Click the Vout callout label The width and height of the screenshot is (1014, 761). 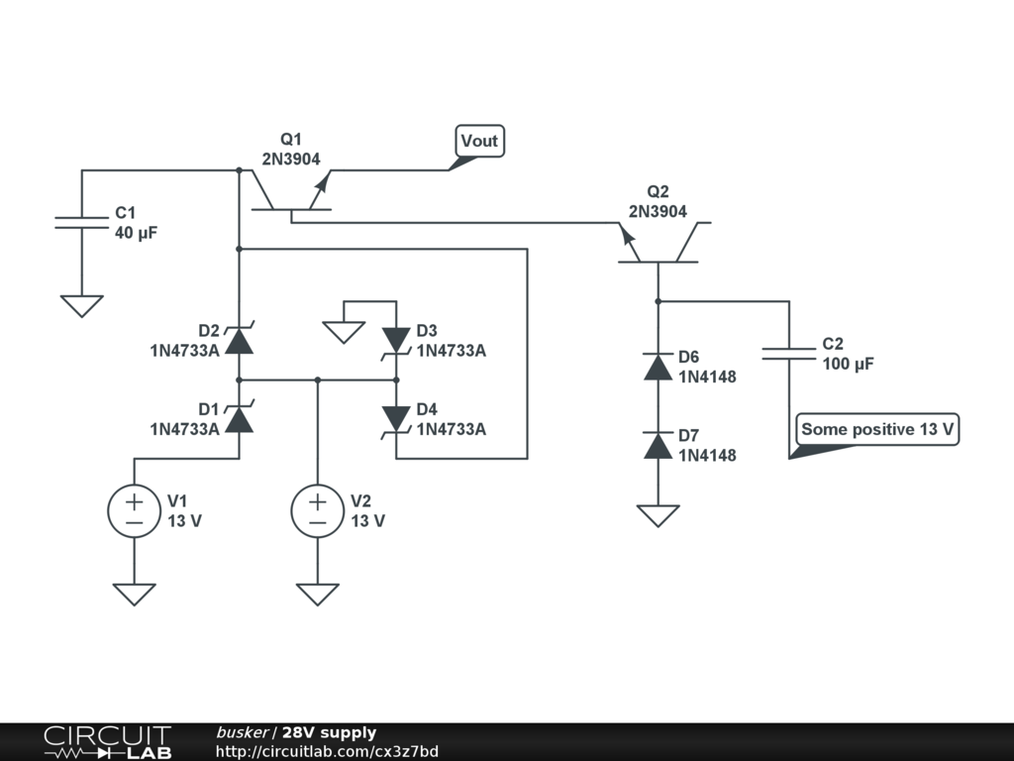480,141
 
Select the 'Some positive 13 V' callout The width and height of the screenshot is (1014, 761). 877,430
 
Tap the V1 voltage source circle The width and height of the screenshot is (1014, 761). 134,510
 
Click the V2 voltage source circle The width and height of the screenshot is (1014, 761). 318,510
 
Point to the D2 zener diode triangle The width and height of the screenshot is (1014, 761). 240,340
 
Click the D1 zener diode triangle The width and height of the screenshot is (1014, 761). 240,419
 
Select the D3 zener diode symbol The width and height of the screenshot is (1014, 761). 396,342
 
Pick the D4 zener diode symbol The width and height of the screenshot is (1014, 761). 396,420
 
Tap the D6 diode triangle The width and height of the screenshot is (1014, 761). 659,367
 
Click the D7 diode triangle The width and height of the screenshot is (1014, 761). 659,445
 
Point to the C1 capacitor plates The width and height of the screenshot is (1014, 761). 81,223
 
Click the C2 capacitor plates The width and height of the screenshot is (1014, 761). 789,354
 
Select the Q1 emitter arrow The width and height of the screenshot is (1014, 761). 320,184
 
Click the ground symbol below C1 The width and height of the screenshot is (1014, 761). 81,305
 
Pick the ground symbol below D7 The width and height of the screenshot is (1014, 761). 659,515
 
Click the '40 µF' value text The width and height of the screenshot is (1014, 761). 137,233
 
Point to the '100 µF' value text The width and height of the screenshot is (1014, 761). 848,364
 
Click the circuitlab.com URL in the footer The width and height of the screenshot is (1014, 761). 327,751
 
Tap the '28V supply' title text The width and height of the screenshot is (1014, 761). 329,732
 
